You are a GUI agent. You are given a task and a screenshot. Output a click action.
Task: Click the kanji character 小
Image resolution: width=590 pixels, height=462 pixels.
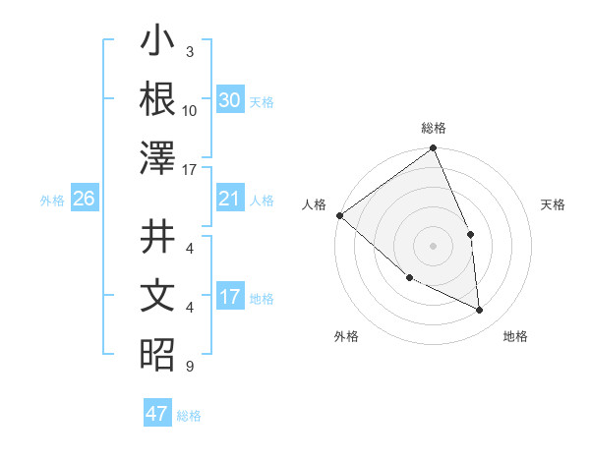157,43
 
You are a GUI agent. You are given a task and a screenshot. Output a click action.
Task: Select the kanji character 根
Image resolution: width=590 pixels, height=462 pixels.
157,99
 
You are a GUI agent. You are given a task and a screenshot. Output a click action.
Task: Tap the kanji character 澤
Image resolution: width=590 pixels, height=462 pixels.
157,157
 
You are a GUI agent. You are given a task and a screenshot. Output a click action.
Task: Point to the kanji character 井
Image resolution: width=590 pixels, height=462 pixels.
157,238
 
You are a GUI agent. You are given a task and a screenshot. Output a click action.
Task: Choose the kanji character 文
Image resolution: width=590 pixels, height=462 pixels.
157,297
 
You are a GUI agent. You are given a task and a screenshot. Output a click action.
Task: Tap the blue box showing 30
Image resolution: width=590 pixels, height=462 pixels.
229,100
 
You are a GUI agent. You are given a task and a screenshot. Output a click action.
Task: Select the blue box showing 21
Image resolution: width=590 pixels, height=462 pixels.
229,199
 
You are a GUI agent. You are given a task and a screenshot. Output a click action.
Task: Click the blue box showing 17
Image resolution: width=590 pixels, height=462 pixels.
229,297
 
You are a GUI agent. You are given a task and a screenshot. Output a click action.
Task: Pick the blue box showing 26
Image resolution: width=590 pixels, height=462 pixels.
84,199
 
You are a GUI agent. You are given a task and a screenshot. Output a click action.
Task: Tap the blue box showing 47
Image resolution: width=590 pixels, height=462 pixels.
157,414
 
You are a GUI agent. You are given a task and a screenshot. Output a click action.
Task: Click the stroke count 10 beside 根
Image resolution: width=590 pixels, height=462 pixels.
190,110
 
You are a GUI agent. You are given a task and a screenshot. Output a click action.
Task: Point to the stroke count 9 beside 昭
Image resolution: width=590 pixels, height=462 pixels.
190,367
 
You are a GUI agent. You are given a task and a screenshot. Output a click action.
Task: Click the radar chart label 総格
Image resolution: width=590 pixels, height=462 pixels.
434,128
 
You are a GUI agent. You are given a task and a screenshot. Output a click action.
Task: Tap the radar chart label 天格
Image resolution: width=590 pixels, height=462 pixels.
554,204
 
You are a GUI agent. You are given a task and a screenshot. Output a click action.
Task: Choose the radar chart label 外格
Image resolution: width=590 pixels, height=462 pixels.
346,336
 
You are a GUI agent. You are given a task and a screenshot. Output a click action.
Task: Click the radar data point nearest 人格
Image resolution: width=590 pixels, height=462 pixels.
339,215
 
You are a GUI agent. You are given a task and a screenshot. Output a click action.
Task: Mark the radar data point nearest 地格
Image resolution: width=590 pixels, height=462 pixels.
479,310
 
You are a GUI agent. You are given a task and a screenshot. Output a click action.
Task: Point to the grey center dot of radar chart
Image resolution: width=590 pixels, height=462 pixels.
433,246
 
